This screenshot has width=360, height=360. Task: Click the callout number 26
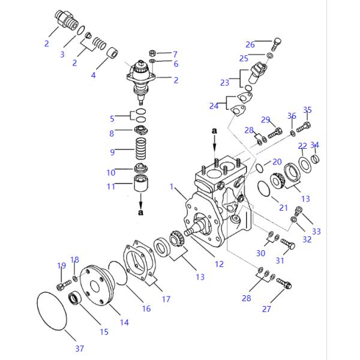coord(250,44)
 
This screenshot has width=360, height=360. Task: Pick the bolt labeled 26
coord(276,43)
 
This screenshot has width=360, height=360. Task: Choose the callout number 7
coord(175,53)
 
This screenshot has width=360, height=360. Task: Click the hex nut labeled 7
coord(153,52)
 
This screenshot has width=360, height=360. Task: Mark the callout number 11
coord(111,187)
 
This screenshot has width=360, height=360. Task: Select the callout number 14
coord(124,322)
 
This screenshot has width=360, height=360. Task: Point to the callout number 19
coord(61,265)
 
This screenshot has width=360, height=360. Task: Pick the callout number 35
coord(307,110)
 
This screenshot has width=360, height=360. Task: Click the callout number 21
coord(284,208)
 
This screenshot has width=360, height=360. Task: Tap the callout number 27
coord(266,309)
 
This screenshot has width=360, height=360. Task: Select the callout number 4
coord(93,76)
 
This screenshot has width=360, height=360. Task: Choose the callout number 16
coord(146,309)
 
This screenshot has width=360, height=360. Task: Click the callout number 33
coord(316,231)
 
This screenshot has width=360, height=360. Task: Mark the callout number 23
coord(225,83)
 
